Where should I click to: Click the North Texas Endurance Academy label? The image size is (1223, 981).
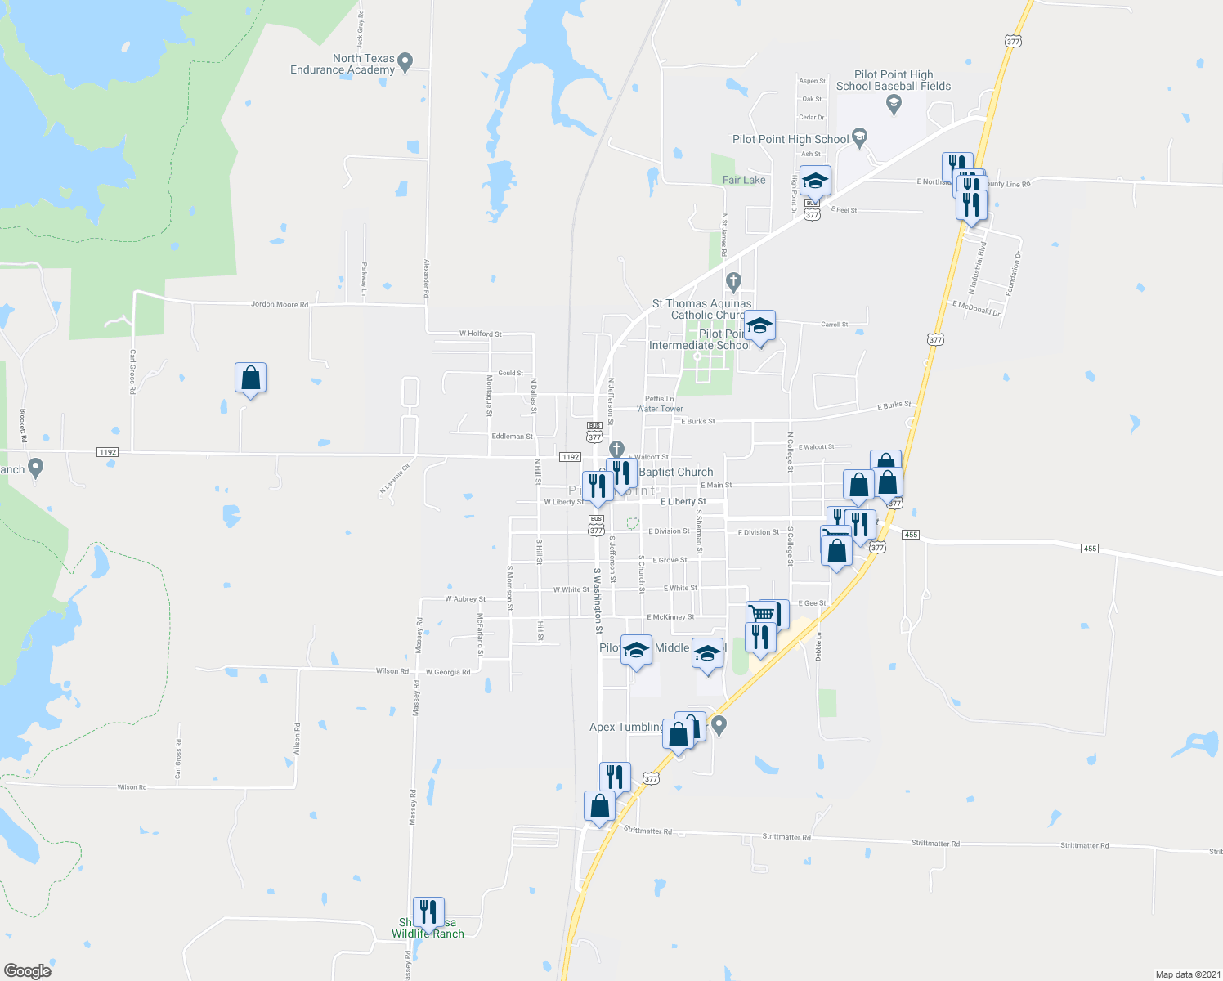pyautogui.click(x=343, y=64)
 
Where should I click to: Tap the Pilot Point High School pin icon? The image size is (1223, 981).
pyautogui.click(x=859, y=137)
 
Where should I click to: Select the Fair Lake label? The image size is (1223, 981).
pyautogui.click(x=744, y=180)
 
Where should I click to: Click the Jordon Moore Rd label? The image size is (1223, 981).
pyautogui.click(x=280, y=305)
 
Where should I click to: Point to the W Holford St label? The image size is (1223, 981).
pyautogui.click(x=480, y=334)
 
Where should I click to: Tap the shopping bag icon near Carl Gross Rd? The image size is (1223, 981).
pyautogui.click(x=250, y=379)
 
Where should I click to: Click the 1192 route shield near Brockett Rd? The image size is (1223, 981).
pyautogui.click(x=107, y=452)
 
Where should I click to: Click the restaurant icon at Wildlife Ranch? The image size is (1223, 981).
pyautogui.click(x=428, y=912)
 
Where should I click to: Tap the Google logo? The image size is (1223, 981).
pyautogui.click(x=27, y=971)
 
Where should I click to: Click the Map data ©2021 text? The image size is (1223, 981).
pyautogui.click(x=1185, y=974)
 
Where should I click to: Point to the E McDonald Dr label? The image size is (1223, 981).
pyautogui.click(x=976, y=308)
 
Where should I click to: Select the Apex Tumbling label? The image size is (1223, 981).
pyautogui.click(x=626, y=728)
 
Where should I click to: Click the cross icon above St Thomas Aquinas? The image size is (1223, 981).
pyautogui.click(x=733, y=283)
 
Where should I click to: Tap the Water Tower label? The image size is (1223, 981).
pyautogui.click(x=660, y=409)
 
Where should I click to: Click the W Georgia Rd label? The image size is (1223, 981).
pyautogui.click(x=447, y=672)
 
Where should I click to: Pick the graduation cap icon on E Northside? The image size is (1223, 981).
pyautogui.click(x=815, y=181)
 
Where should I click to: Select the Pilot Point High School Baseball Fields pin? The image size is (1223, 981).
pyautogui.click(x=894, y=103)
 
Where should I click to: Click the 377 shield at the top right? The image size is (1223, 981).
pyautogui.click(x=1014, y=41)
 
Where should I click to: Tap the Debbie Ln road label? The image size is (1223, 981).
pyautogui.click(x=818, y=646)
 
